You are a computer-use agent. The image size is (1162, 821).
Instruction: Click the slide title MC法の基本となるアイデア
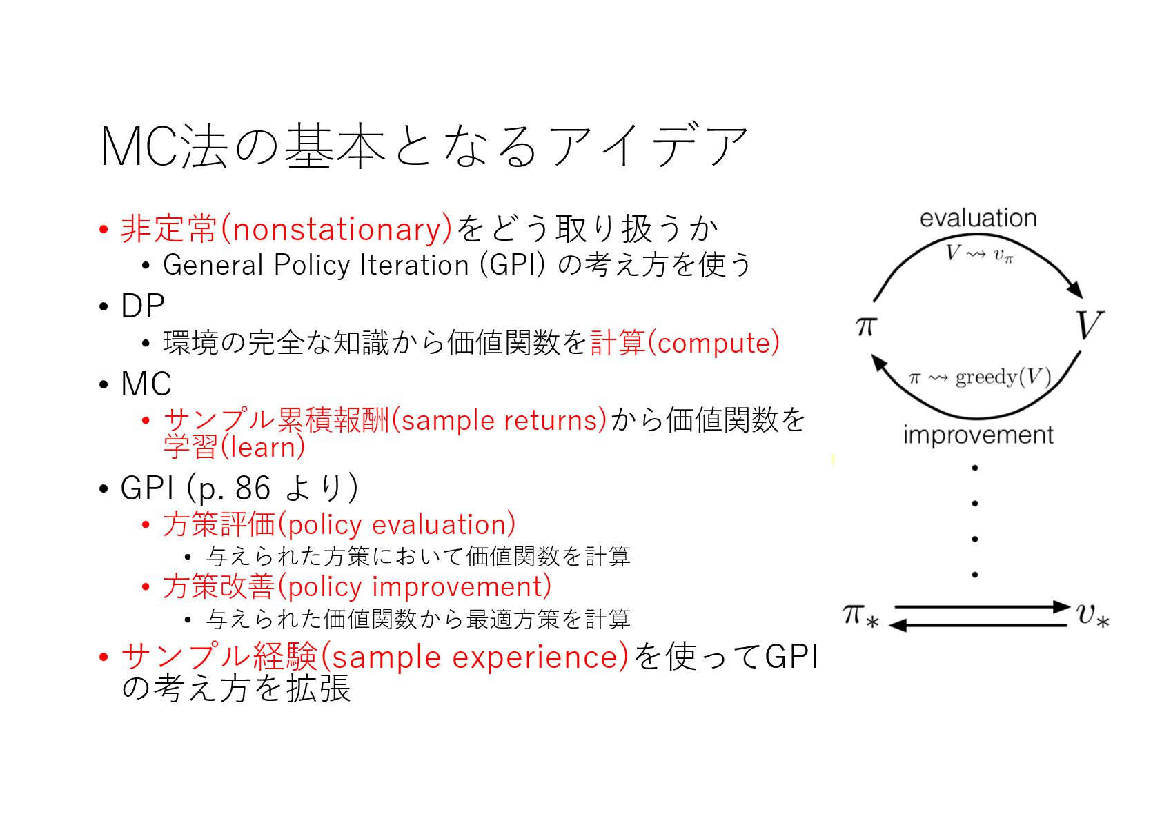click(424, 146)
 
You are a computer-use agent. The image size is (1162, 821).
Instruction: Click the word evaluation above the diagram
click(978, 218)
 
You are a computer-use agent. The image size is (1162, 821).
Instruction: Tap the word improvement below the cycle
click(978, 435)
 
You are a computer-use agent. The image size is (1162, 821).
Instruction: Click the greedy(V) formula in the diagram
click(1003, 377)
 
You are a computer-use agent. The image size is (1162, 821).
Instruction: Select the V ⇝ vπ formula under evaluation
click(979, 255)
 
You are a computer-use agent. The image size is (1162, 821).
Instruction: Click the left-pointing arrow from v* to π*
click(980, 625)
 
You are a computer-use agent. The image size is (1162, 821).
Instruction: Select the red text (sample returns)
click(499, 420)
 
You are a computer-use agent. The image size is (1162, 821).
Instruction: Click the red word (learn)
click(263, 448)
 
